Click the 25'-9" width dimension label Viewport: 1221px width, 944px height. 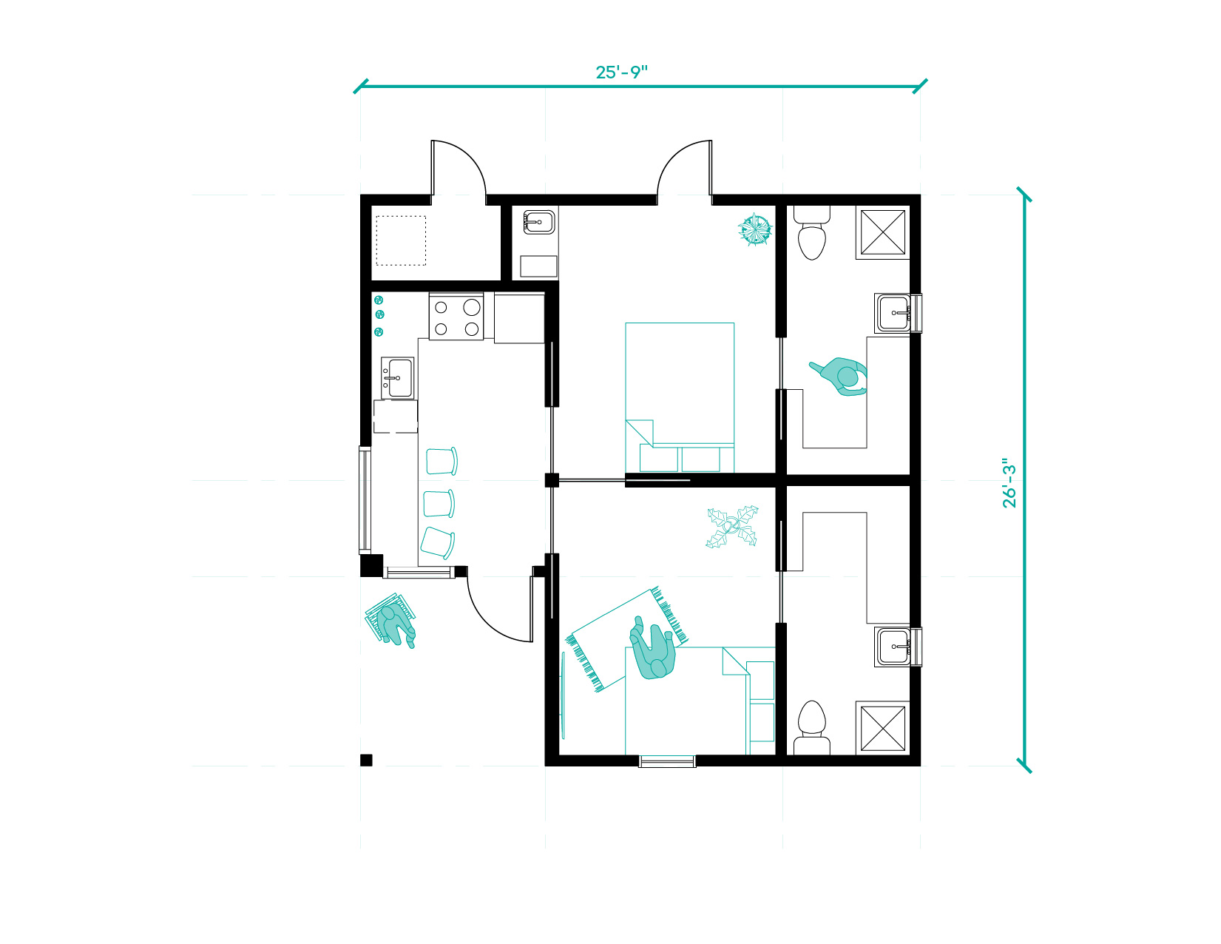621,73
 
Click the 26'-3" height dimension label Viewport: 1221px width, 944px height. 1009,483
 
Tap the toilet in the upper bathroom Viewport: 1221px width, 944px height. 812,232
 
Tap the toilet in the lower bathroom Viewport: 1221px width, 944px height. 812,728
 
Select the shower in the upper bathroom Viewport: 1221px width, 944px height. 883,232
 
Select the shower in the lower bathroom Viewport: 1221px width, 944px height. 883,728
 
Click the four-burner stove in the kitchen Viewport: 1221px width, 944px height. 456,317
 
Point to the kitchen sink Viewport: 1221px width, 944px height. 398,378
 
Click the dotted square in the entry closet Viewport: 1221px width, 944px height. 401,240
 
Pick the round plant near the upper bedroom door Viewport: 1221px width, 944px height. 754,229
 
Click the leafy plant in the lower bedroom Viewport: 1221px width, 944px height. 732,527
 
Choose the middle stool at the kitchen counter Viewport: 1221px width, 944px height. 439,504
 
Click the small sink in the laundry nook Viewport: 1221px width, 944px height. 539,223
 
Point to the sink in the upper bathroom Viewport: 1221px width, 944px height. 893,313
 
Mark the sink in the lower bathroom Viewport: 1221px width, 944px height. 893,647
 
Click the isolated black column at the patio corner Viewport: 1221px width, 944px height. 366,761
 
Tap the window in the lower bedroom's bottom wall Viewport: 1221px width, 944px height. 667,761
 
